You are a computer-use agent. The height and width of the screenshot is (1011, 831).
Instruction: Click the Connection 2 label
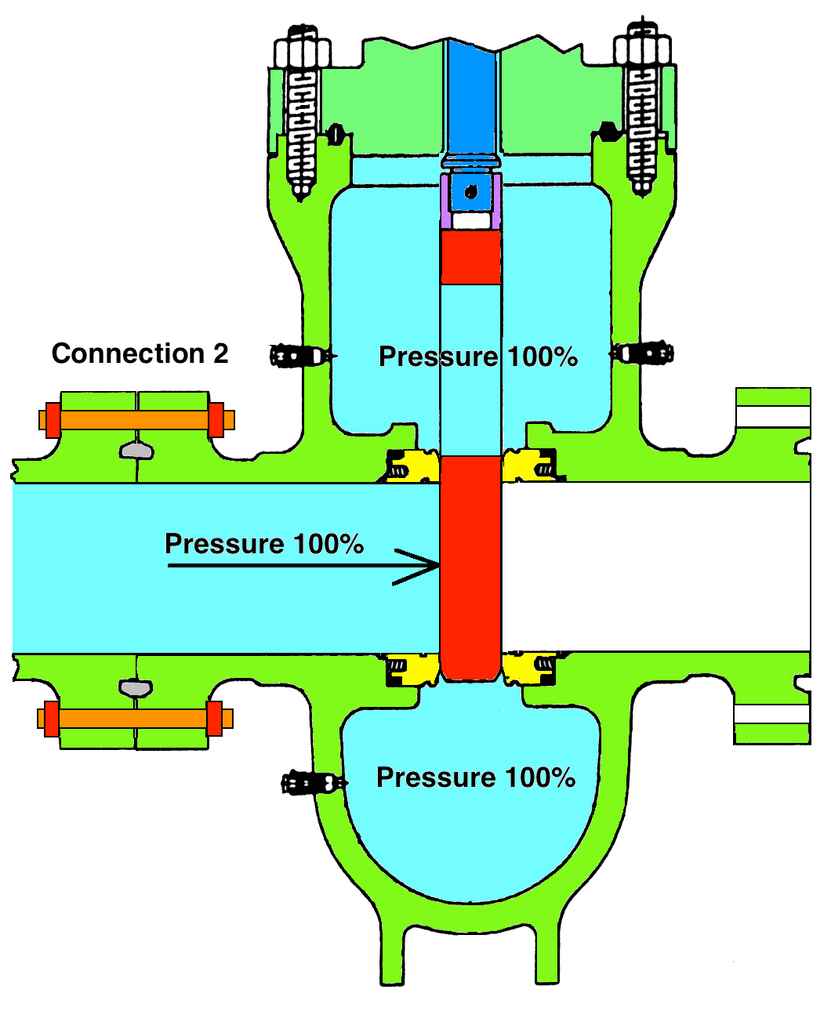click(x=140, y=353)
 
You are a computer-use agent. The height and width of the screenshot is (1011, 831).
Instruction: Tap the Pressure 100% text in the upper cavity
click(x=477, y=357)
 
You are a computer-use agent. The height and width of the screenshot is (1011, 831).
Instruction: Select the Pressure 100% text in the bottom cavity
click(x=476, y=777)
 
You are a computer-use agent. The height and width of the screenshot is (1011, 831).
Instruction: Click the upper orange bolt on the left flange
click(x=136, y=420)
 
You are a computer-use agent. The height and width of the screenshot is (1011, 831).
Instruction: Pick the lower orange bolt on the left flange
click(x=135, y=719)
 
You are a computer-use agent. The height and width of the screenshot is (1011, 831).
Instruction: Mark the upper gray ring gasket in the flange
click(x=136, y=450)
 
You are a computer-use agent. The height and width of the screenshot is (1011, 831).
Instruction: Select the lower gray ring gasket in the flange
click(x=136, y=688)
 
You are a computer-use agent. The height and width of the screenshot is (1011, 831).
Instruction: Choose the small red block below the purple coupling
click(x=470, y=257)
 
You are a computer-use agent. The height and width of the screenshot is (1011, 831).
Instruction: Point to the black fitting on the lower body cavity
click(x=312, y=782)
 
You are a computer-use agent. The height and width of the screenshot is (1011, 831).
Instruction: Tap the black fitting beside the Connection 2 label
click(x=299, y=356)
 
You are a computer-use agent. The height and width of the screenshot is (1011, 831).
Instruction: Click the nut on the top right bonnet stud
click(x=642, y=51)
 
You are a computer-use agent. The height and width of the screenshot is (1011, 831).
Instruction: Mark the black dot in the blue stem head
click(x=470, y=191)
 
